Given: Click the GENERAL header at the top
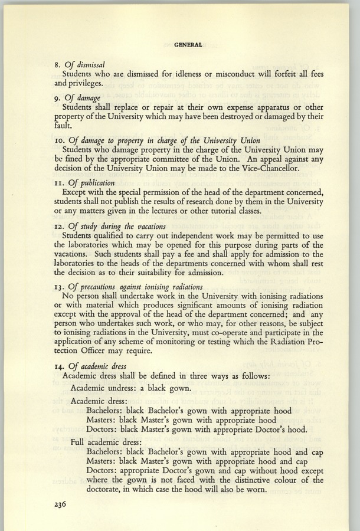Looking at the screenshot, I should [x=189, y=44].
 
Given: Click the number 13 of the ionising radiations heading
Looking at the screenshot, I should [x=67, y=290].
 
